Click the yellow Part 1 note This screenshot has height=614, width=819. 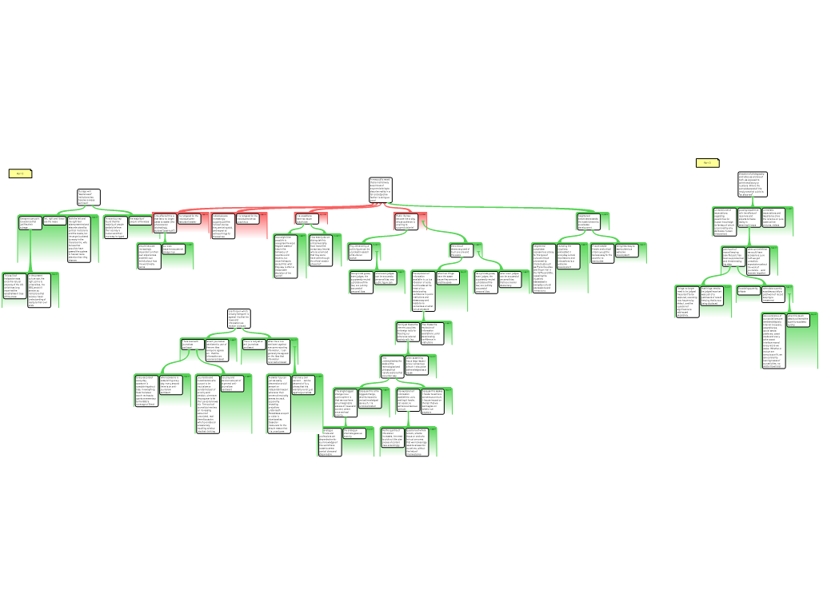[20, 173]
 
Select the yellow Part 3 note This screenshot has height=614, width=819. [707, 163]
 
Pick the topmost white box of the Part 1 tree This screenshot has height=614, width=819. [88, 197]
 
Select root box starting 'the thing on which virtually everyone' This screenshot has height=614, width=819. [239, 317]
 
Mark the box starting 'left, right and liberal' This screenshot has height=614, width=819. [54, 220]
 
